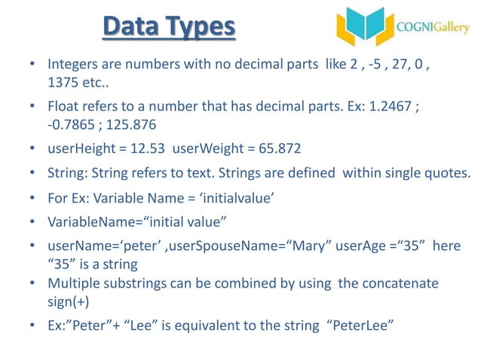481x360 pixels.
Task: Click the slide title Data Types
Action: (x=168, y=29)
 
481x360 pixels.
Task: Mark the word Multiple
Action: (x=74, y=283)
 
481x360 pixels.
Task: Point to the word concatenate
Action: (x=398, y=283)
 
